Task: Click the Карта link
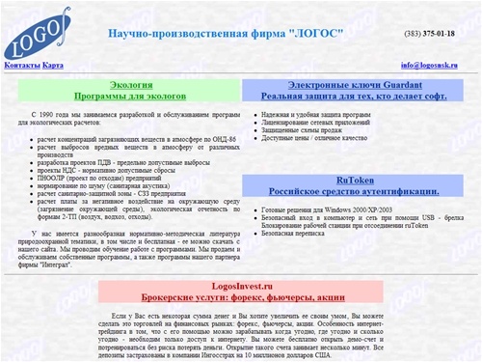53,65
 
